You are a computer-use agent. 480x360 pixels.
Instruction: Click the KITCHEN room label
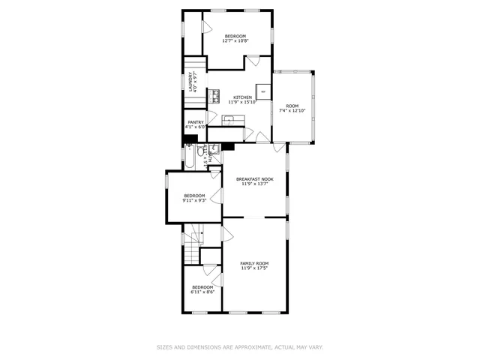pos(242,97)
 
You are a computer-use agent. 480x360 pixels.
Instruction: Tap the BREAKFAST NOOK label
pos(254,178)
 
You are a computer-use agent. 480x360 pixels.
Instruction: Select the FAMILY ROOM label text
pos(254,263)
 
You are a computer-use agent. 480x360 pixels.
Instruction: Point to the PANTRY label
pos(196,122)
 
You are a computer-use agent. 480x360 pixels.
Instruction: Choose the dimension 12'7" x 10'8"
pos(235,40)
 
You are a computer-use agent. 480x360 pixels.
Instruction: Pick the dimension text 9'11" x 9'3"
pos(194,200)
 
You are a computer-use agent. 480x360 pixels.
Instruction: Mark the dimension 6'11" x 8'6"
pos(202,292)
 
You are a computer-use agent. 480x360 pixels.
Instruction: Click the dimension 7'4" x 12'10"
pos(292,110)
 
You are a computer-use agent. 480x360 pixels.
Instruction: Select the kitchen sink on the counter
pos(228,118)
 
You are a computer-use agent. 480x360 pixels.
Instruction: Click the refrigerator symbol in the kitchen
pos(262,90)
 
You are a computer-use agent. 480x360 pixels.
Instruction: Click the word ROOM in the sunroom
pos(292,106)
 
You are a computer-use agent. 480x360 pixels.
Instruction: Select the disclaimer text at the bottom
pos(239,347)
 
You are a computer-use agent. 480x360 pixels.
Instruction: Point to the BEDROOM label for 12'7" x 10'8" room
pos(235,35)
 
